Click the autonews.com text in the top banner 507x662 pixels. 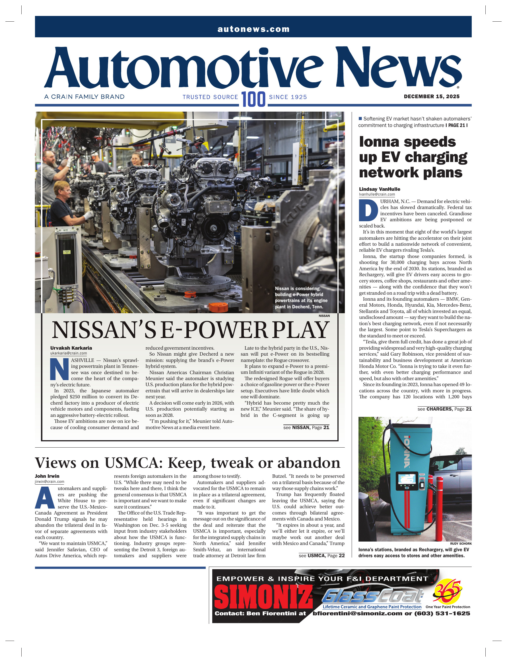pyautogui.click(x=253, y=29)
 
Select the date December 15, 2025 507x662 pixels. pyautogui.click(x=432, y=96)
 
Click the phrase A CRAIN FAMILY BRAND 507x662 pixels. pyautogui.click(x=84, y=97)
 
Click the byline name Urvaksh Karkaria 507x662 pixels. pyautogui.click(x=71, y=348)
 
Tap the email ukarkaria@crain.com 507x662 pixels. pyautogui.click(x=69, y=353)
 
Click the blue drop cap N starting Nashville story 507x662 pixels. pyautogui.click(x=59, y=369)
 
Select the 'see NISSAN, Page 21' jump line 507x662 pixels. pyautogui.click(x=306, y=427)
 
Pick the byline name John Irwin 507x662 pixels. pyautogui.click(x=47, y=476)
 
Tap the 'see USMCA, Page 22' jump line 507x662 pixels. pyautogui.click(x=321, y=556)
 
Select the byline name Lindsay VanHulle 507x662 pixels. pyautogui.click(x=379, y=189)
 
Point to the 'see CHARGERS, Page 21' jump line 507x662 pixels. pyautogui.click(x=444, y=409)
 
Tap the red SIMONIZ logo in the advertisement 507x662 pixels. pyautogui.click(x=263, y=597)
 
